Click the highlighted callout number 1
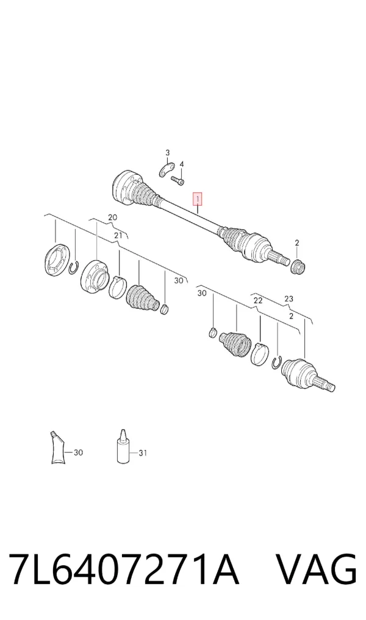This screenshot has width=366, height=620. coord(197,199)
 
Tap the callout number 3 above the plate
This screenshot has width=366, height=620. coord(168,153)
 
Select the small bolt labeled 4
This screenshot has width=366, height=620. coord(178,180)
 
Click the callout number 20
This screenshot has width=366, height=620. coord(113,217)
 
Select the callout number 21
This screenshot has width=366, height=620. coord(118,236)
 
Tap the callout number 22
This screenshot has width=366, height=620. coord(258,300)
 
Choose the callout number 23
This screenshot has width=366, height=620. coord(289,299)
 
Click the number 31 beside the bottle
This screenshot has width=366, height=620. coord(143,453)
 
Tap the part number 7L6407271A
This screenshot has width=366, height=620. coord(124,570)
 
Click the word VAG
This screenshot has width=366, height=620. coord(317,570)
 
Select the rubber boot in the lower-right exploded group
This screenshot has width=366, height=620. coord(235,342)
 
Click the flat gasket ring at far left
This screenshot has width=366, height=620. coord(54,260)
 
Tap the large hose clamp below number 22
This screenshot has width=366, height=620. coord(260,354)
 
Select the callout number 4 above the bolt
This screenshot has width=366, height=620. coord(182,164)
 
